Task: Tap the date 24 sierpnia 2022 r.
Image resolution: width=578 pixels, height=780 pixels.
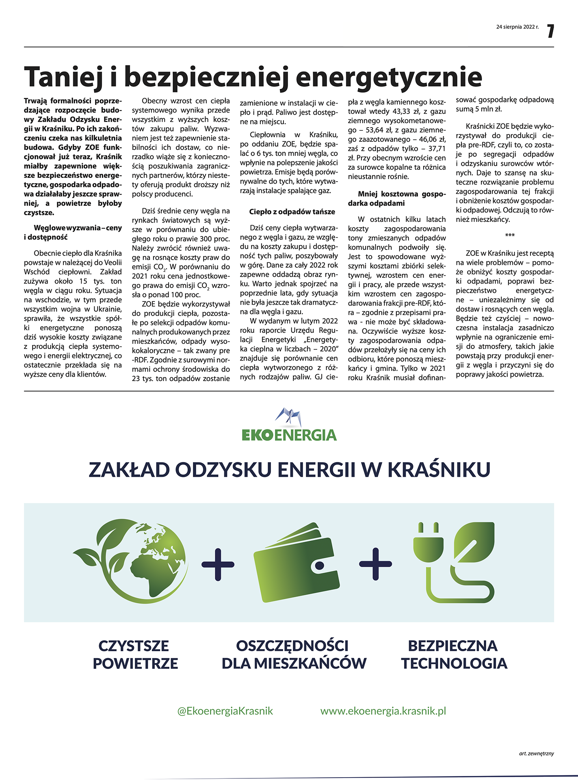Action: click(x=517, y=27)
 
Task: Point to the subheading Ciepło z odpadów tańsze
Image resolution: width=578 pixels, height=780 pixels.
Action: click(x=292, y=212)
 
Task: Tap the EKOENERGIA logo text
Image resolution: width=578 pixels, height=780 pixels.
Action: click(x=289, y=435)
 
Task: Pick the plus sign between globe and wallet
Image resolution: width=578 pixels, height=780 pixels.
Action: click(x=218, y=564)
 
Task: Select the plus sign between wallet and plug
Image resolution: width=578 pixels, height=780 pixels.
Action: click(x=375, y=564)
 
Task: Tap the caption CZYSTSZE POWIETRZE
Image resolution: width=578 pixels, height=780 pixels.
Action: click(x=135, y=654)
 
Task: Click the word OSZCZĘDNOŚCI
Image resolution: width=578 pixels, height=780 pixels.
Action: click(x=292, y=646)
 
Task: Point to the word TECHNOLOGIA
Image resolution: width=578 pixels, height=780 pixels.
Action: click(x=454, y=664)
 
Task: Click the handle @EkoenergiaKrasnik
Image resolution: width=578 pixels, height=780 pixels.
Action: click(x=225, y=711)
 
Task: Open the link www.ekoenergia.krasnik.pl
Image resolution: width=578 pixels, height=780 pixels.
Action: click(x=383, y=711)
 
